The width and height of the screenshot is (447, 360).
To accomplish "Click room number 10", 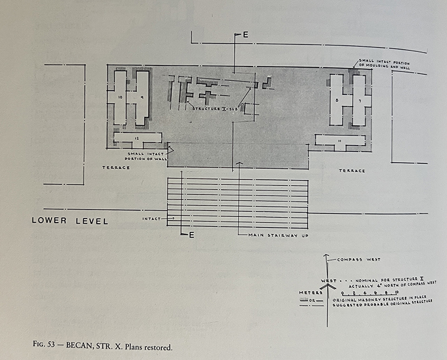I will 120,97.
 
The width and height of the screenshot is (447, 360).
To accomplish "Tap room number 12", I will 136,138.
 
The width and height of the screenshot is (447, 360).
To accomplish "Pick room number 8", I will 337,101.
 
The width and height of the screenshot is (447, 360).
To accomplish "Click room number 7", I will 359,101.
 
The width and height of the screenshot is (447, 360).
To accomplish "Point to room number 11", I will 340,141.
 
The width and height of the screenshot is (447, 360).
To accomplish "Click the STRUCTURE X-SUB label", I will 214,108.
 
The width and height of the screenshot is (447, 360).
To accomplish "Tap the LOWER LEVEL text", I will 69,221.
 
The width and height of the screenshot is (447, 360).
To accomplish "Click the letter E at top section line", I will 245,35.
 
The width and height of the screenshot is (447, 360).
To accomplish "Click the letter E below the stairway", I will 191,235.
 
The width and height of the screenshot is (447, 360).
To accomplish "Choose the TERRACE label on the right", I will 351,170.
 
